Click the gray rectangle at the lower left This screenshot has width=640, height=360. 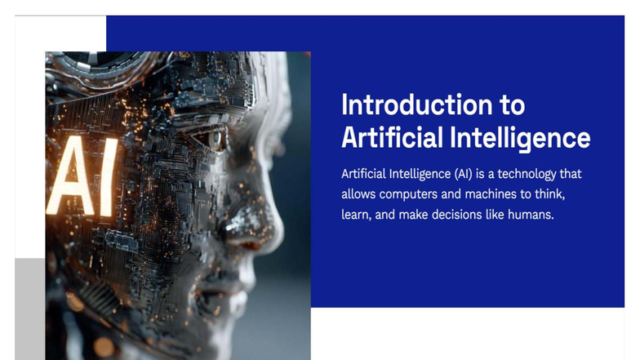click(x=29, y=309)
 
